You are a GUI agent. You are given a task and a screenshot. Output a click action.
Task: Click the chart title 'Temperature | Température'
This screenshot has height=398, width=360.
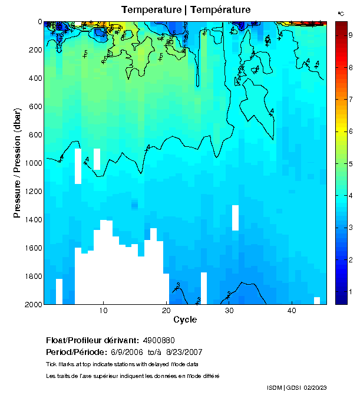186,10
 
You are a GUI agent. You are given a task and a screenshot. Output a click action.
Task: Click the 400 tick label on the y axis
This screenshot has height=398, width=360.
33,78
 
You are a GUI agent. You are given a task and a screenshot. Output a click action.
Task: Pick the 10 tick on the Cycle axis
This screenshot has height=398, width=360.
104,311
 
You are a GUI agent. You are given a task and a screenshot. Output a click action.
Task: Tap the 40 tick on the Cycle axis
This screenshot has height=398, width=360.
292,311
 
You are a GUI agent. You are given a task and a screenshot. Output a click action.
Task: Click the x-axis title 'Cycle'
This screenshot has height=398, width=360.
185,320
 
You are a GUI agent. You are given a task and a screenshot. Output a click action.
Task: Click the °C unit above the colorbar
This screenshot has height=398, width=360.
341,13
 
